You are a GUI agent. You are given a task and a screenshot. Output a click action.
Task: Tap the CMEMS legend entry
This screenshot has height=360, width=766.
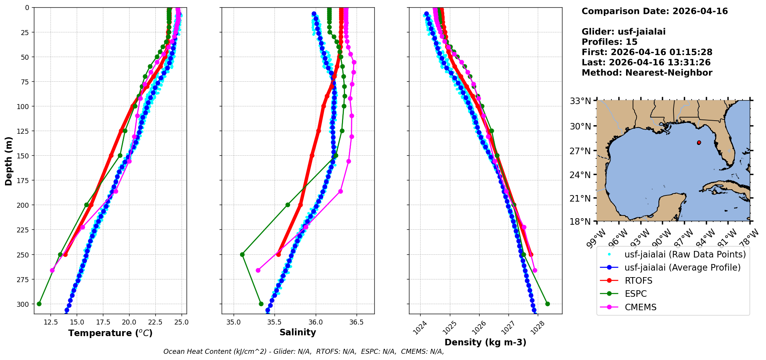coord(640,307)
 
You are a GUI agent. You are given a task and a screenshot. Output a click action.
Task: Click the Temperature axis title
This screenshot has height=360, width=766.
coord(110,333)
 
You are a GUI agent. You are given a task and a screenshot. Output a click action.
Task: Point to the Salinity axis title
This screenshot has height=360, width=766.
coord(298,332)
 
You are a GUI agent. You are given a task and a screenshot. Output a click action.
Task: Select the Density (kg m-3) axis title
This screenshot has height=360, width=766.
coord(485,342)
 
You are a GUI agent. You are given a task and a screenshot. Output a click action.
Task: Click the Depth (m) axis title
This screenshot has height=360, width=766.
coord(8,161)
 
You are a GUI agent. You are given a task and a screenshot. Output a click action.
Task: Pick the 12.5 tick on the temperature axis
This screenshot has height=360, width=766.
coord(51,322)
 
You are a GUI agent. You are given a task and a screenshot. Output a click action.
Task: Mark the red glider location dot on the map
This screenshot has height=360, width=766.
coord(699,143)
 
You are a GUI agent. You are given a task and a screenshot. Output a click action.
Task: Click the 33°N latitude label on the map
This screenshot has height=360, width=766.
coord(581,101)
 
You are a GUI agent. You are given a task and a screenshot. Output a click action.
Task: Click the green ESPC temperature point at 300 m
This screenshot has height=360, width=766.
coord(39,304)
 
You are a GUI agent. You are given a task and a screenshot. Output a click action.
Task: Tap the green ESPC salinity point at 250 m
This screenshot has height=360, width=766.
coord(242,254)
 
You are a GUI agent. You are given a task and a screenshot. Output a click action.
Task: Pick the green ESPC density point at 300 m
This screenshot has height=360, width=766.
coord(547,304)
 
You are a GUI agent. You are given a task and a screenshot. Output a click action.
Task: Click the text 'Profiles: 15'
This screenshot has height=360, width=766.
coord(609,42)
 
